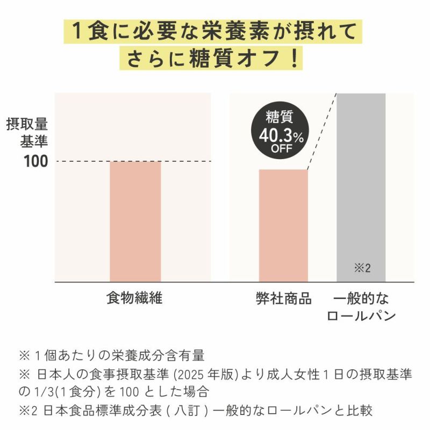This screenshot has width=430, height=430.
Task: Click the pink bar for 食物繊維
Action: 135,221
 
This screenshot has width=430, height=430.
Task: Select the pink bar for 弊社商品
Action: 283,226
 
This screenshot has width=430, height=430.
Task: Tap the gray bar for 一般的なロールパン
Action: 361,183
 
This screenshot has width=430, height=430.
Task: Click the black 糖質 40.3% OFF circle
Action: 279,132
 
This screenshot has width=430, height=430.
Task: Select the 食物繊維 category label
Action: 134,298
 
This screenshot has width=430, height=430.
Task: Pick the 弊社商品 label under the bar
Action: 283,298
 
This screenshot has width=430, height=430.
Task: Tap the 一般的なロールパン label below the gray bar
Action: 361,306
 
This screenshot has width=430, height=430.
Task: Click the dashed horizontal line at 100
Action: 81,161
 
